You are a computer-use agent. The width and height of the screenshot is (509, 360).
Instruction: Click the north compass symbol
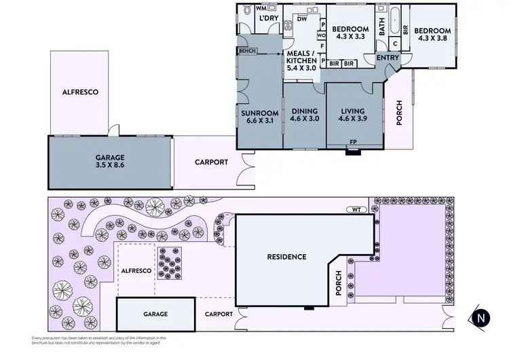click(x=481, y=317)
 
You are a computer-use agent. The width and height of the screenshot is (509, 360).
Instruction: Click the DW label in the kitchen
click(x=302, y=19)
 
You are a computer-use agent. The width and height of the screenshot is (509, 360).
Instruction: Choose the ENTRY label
click(x=388, y=58)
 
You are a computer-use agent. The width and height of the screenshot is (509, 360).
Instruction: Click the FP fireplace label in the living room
click(x=353, y=143)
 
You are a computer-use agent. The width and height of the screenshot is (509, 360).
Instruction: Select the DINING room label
click(x=305, y=111)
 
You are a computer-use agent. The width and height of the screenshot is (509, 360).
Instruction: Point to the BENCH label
click(x=246, y=51)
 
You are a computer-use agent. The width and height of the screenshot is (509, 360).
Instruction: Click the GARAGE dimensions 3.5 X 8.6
click(x=109, y=164)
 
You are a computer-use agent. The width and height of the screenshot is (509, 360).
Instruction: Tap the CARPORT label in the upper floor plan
click(x=211, y=162)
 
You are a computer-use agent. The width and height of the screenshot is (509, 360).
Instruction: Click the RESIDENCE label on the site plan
click(x=286, y=257)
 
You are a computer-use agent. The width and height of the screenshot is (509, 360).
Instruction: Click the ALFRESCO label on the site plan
click(x=136, y=270)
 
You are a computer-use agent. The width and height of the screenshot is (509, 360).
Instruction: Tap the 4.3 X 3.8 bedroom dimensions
click(x=432, y=39)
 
